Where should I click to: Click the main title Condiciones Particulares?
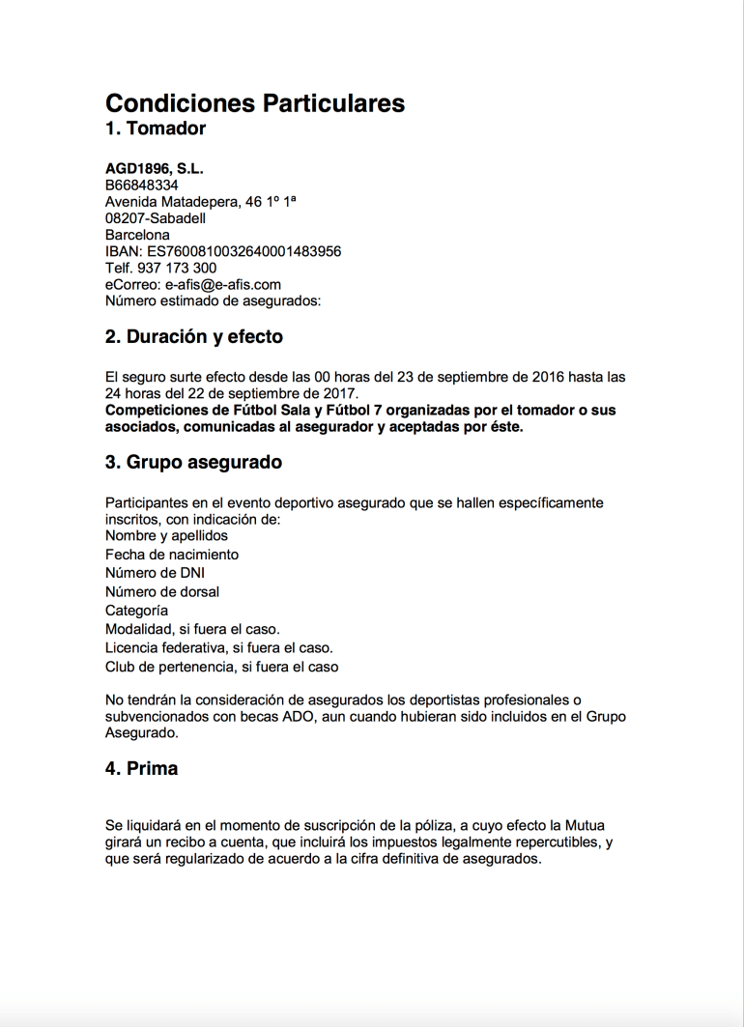254,102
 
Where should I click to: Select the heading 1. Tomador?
156,128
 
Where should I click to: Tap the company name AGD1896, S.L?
155,169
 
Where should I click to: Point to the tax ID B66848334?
141,185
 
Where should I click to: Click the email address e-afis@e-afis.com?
223,284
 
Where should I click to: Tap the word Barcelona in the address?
137,235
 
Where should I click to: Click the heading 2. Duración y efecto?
193,337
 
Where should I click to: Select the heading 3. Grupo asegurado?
193,463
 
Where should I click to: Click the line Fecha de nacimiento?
172,555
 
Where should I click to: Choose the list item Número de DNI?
155,573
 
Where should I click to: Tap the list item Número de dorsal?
162,591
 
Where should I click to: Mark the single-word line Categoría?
136,611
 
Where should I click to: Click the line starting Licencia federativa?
218,648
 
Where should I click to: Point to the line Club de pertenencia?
221,667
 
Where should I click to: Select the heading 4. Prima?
141,769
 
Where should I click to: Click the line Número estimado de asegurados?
213,300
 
